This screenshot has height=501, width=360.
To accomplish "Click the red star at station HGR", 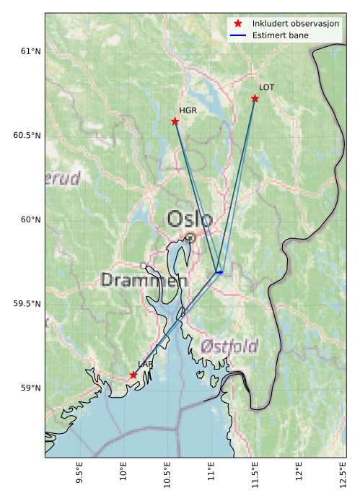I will click(x=175, y=121).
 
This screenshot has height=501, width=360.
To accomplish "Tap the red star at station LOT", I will click(x=255, y=98).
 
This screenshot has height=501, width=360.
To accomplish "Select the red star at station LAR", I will click(x=133, y=375).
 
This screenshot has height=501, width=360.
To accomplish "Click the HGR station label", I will click(x=188, y=111).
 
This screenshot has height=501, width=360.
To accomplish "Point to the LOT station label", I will click(x=267, y=87).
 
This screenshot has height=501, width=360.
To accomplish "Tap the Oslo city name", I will click(x=190, y=219).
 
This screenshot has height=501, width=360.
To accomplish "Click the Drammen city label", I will click(x=144, y=280).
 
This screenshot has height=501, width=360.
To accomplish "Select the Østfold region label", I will click(x=229, y=347).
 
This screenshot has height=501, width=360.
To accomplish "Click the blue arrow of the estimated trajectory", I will click(x=219, y=272).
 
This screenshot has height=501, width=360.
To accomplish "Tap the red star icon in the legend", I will click(x=238, y=24).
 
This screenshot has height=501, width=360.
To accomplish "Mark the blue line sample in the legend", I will click(x=238, y=35).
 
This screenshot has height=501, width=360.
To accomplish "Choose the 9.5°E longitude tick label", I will click(x=79, y=477).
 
